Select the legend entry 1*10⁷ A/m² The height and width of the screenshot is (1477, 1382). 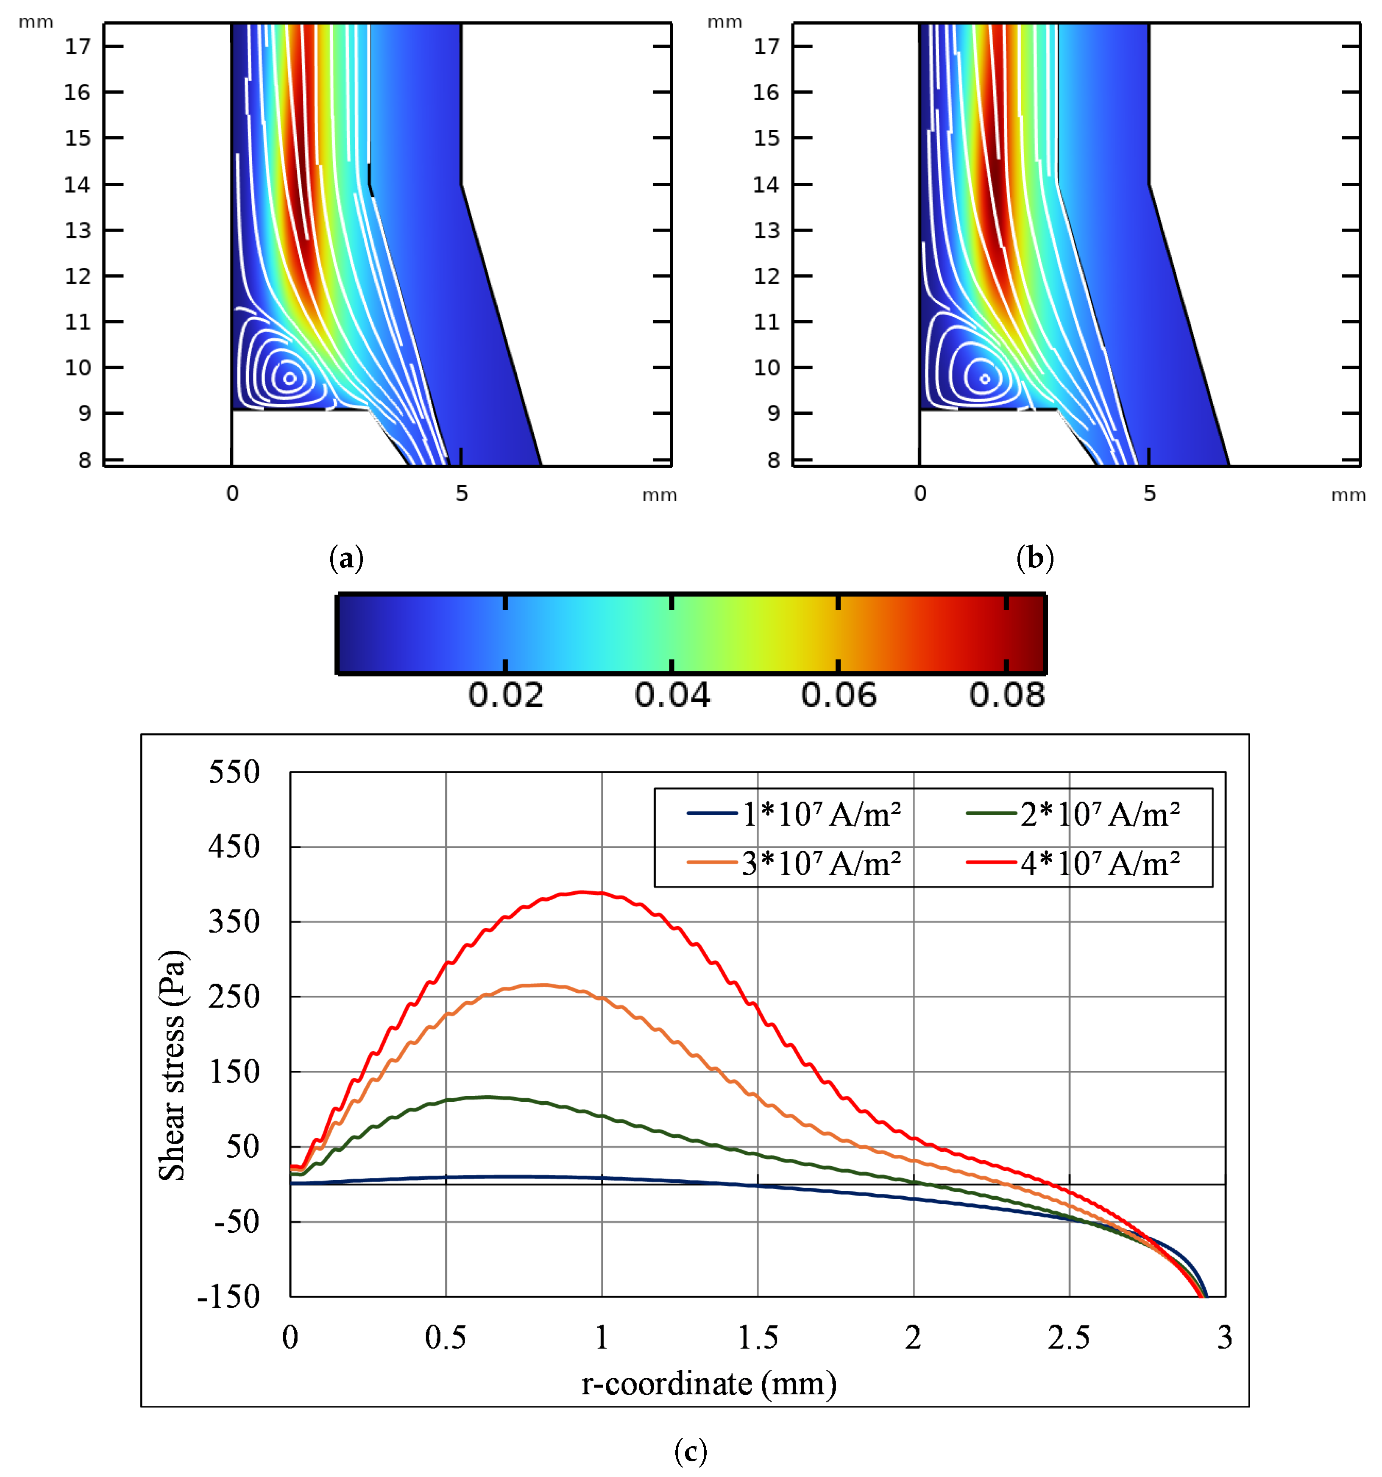point(821,814)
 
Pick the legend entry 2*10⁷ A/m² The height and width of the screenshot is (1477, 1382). point(1099,814)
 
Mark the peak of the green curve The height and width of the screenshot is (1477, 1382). point(486,1097)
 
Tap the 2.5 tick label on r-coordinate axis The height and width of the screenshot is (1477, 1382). point(1069,1338)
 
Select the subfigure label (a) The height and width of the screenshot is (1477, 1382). point(346,557)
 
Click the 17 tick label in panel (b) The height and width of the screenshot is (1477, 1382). point(766,47)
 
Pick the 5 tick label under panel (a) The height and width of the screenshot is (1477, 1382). point(461,493)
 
